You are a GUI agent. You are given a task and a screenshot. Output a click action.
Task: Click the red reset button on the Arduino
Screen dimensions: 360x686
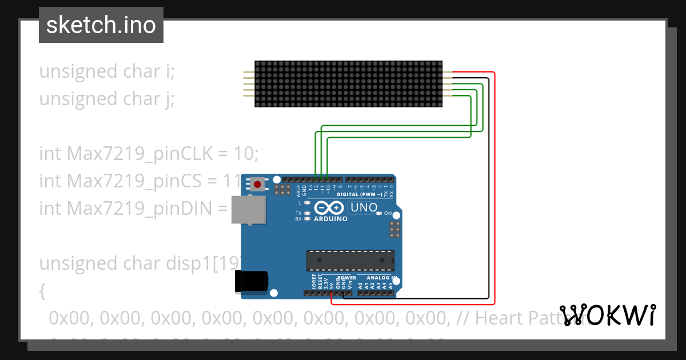click(258, 185)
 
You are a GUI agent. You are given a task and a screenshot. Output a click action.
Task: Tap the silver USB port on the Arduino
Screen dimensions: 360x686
click(248, 210)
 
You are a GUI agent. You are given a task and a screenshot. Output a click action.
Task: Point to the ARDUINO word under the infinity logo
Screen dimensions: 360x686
click(330, 219)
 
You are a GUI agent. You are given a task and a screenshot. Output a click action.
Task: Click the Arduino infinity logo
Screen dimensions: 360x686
click(330, 207)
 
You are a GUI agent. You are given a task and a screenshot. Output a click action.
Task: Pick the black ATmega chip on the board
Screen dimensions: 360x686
click(350, 260)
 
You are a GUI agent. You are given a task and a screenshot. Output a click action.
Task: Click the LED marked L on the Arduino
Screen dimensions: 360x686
click(308, 203)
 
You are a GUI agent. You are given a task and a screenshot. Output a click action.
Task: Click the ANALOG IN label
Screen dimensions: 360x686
click(378, 278)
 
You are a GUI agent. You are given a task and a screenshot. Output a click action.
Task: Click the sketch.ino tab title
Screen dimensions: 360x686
click(101, 25)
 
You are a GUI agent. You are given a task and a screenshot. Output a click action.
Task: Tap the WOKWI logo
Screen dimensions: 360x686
click(608, 315)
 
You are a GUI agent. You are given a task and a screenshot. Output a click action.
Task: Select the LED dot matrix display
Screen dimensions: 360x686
click(348, 84)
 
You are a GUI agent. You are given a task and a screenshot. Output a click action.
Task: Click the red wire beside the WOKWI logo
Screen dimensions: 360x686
click(494, 229)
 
